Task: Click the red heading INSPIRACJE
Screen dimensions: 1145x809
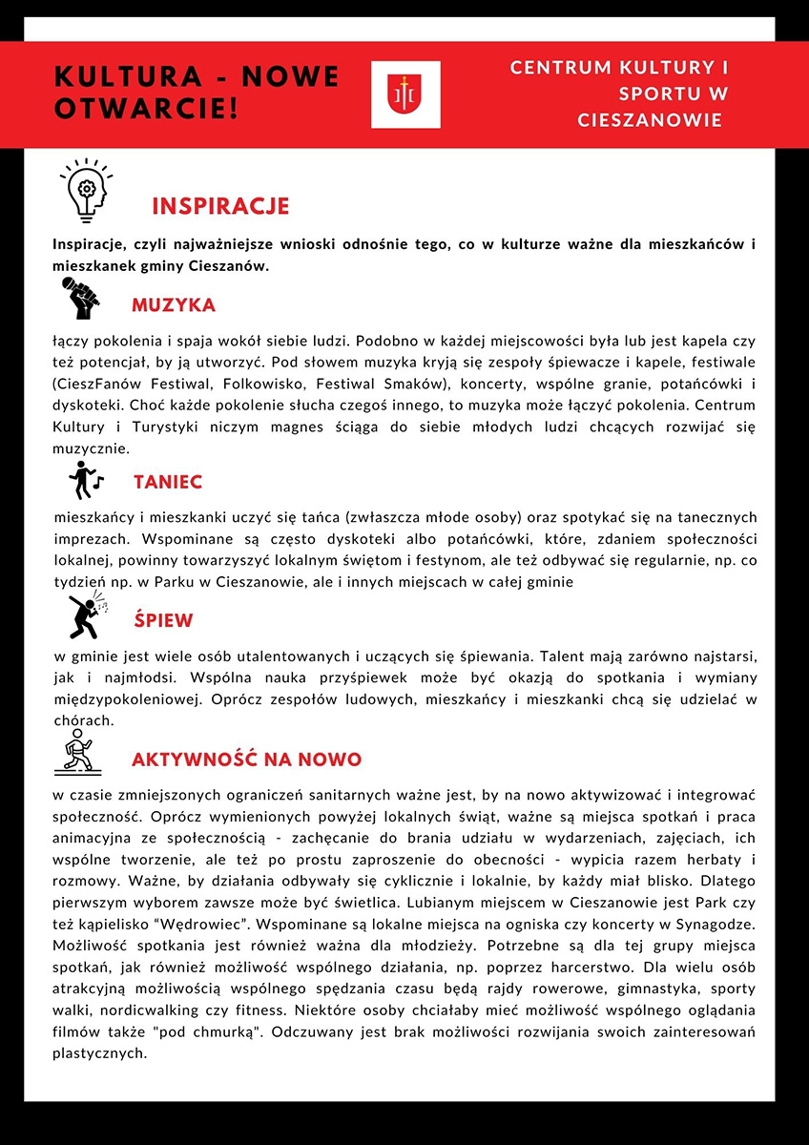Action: tap(220, 207)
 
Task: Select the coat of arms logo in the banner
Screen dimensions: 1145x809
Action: tap(405, 94)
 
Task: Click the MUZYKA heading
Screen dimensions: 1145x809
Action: tap(174, 305)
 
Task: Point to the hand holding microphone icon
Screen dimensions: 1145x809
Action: tap(81, 298)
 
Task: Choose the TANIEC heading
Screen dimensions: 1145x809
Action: tap(168, 482)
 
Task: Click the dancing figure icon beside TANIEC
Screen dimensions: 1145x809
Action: tap(85, 481)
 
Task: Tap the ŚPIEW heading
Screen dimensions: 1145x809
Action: tap(163, 620)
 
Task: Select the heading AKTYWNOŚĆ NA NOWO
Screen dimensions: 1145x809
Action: tap(246, 760)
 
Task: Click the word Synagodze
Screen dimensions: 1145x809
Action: tap(712, 925)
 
